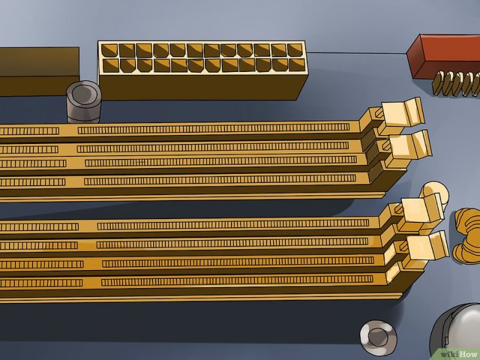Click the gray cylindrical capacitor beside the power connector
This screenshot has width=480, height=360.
pyautogui.click(x=84, y=102)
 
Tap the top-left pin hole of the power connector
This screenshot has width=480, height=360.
pyautogui.click(x=109, y=51)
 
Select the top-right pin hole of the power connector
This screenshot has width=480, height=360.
pyautogui.click(x=294, y=50)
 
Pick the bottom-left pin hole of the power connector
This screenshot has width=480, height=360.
pyautogui.click(x=111, y=66)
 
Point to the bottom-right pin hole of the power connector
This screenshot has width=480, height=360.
pyautogui.click(x=297, y=65)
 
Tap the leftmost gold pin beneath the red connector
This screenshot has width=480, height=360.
pyautogui.click(x=438, y=82)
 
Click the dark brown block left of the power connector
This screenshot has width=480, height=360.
pyautogui.click(x=39, y=71)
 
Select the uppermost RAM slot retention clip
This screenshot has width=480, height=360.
pyautogui.click(x=401, y=113)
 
